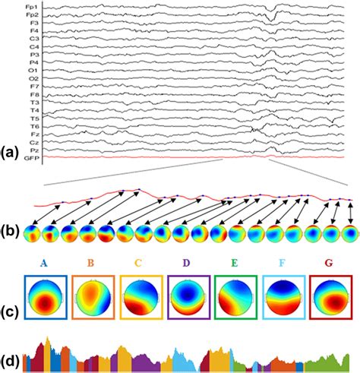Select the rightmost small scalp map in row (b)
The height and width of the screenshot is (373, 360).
coord(349,232)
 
